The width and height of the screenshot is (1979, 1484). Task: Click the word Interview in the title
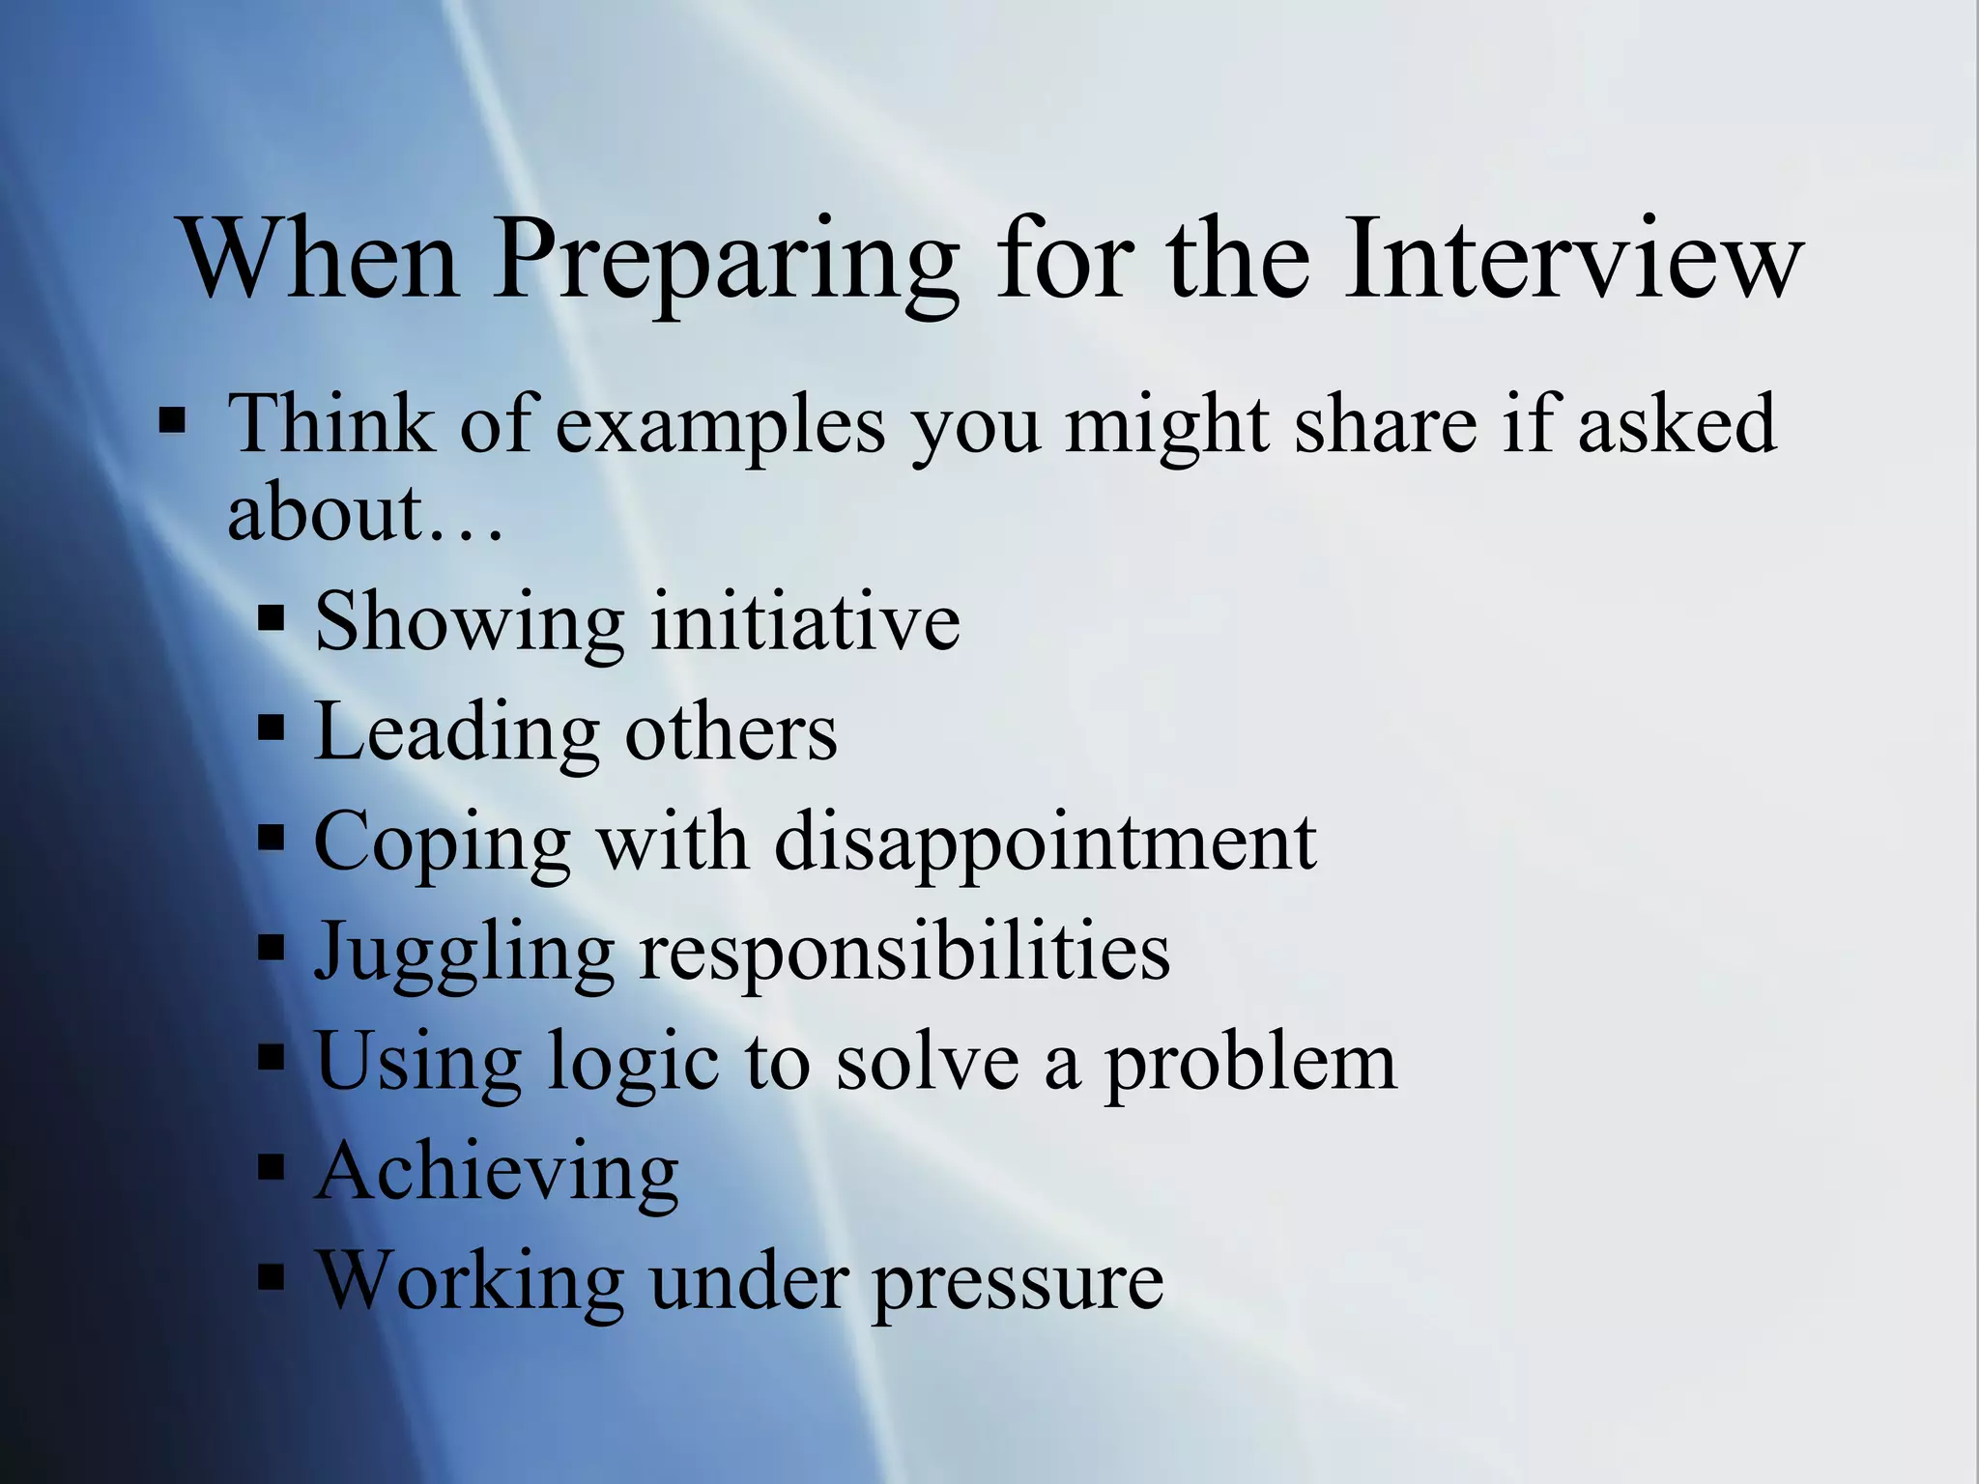pos(1573,259)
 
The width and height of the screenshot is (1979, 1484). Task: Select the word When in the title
pos(319,259)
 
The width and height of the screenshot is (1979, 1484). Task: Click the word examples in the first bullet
pos(721,425)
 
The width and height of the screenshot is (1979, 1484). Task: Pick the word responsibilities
pos(904,953)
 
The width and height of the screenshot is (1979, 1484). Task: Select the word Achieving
pos(497,1173)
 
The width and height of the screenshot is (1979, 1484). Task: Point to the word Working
pos(471,1281)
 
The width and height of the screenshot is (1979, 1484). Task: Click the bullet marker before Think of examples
pos(173,422)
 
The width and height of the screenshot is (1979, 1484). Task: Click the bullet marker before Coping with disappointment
pos(272,838)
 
